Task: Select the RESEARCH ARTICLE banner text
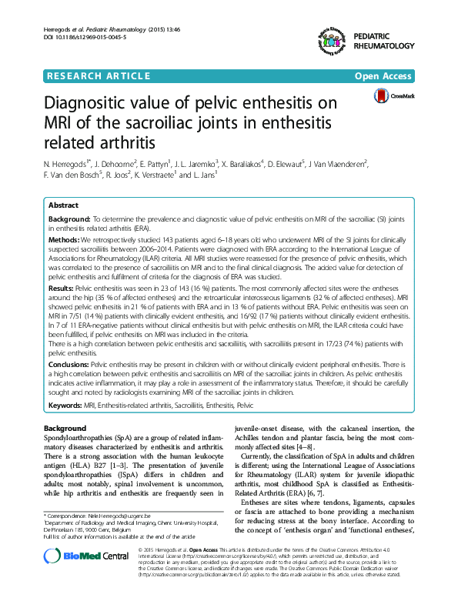click(x=99, y=75)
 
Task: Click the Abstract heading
click(x=63, y=205)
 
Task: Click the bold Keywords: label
click(x=66, y=404)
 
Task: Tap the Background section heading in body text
click(x=65, y=428)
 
